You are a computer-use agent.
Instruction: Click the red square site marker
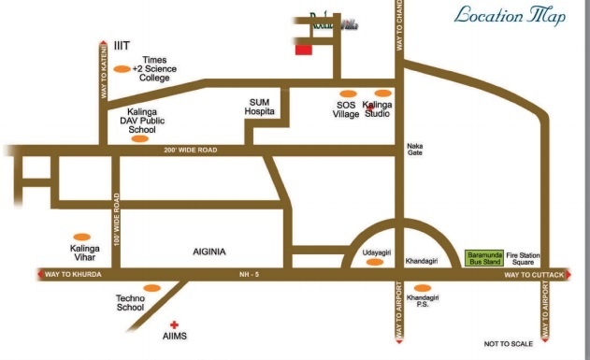pos(302,50)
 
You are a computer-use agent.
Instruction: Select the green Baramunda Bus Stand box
pos(484,257)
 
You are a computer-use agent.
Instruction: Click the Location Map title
pos(510,17)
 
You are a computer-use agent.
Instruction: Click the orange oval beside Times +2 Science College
pos(122,69)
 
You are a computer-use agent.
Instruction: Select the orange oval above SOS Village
pos(348,94)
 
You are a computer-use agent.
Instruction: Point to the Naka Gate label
pos(414,151)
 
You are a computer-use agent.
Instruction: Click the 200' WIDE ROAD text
pos(190,151)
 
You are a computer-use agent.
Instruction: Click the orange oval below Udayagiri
pos(374,263)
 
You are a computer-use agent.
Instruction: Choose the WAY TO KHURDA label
pos(78,274)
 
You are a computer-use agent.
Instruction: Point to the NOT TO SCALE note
pos(509,344)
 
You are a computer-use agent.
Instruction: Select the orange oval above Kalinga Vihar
pos(82,238)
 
